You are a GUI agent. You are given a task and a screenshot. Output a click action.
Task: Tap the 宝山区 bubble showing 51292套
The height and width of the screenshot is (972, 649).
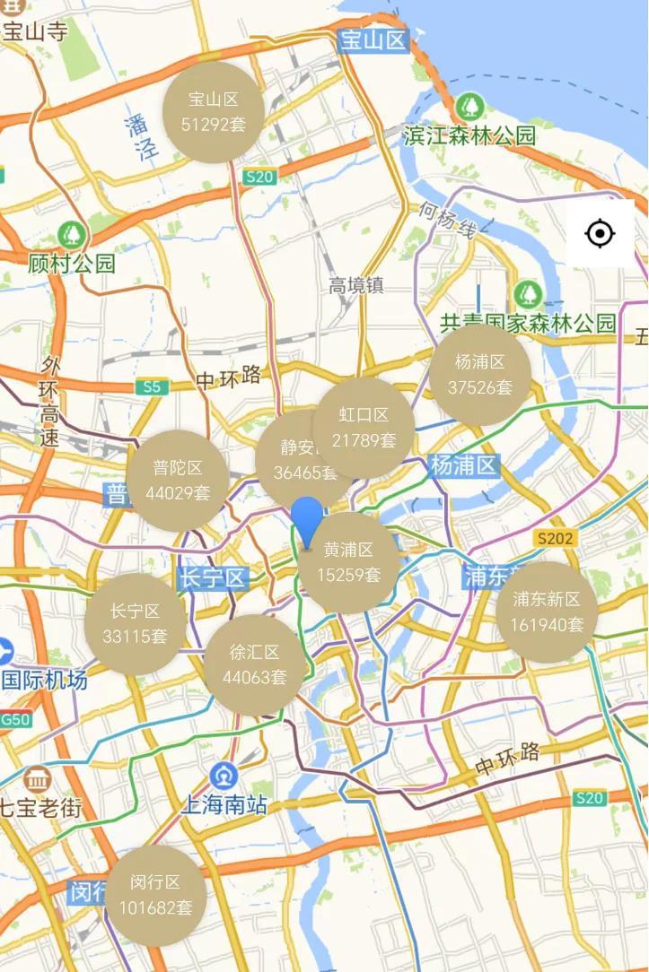coord(213,112)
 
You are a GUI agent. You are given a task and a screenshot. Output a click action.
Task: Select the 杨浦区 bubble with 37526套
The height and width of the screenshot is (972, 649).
coord(479,375)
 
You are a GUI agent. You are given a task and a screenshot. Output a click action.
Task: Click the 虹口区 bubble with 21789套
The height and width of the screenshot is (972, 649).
coord(364,427)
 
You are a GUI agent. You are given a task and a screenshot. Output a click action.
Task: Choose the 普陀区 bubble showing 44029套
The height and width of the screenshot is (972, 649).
coord(177,480)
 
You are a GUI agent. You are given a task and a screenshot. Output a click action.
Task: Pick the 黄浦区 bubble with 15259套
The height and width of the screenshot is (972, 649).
coord(349,562)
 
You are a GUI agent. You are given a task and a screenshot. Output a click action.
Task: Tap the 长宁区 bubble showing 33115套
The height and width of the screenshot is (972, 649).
coord(135,624)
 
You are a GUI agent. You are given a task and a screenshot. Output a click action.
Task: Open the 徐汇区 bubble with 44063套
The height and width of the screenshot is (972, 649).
coord(255,665)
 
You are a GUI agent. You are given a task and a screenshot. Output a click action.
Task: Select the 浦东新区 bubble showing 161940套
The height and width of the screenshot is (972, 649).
coord(547,612)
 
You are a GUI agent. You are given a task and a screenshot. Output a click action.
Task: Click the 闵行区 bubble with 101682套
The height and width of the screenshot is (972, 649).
coord(155,895)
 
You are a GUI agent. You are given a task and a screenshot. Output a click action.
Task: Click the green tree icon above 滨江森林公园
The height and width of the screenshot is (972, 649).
coord(468,108)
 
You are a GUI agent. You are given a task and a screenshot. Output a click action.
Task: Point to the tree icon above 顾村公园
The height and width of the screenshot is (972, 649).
coord(71,236)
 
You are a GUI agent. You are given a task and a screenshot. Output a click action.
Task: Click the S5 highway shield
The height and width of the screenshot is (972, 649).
coord(152,387)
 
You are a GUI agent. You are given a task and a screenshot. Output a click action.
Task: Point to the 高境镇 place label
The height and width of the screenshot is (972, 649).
coord(355,286)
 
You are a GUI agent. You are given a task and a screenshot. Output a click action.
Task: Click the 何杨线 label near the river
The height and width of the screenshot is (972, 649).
coord(445,221)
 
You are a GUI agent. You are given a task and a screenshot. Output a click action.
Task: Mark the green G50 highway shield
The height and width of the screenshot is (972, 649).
coord(15,718)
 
